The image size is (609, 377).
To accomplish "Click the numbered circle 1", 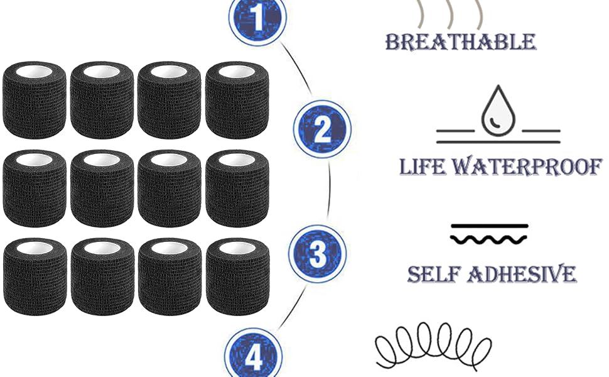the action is point(257,18).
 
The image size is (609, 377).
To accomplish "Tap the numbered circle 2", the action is point(322,129).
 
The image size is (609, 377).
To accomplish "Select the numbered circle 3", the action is point(317,254).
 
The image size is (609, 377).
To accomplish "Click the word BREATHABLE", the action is point(460,41).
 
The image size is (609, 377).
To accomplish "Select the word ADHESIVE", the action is point(522,274).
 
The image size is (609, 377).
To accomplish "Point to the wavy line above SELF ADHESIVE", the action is point(488,239).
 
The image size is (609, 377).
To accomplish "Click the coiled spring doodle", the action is point(433,346).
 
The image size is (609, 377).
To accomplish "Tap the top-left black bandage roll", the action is point(35,100).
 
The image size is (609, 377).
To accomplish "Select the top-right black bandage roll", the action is point(237,100).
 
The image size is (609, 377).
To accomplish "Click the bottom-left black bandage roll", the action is point(35,276).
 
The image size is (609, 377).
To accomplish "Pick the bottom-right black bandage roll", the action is point(237,276).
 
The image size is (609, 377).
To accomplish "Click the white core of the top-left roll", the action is point(35,72).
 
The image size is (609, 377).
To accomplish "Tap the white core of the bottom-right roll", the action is point(237,248).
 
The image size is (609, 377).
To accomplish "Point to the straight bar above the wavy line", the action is point(489,226).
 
